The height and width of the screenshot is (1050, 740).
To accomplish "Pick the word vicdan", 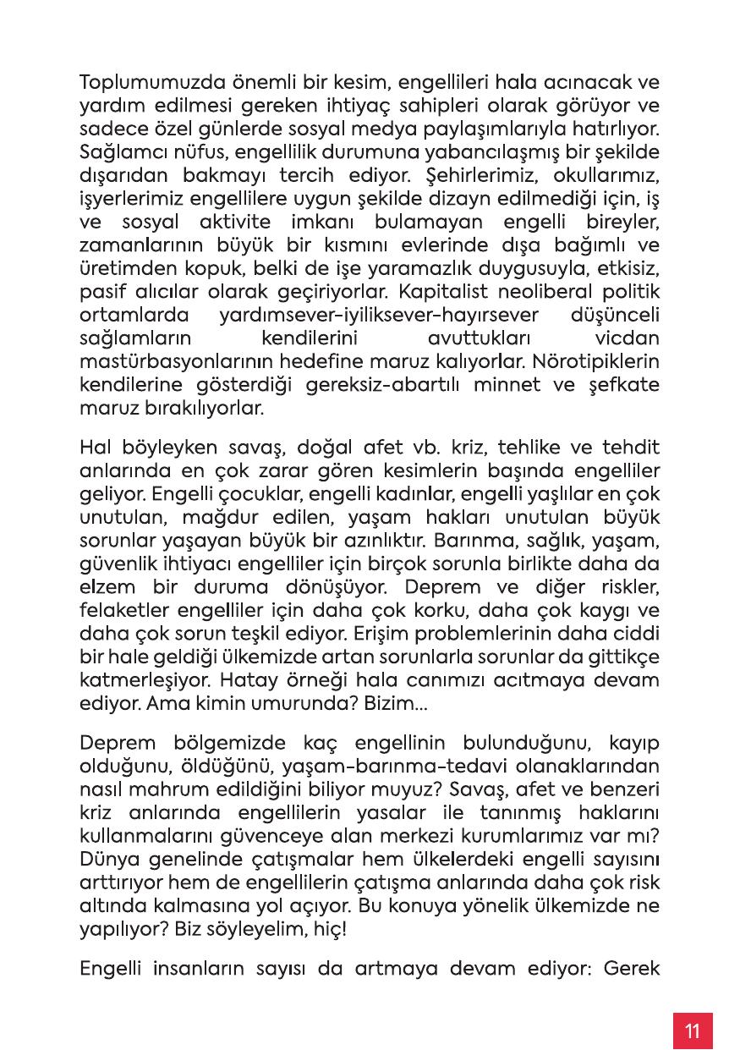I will (x=628, y=339).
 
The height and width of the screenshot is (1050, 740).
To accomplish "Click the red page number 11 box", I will (x=693, y=1031).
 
